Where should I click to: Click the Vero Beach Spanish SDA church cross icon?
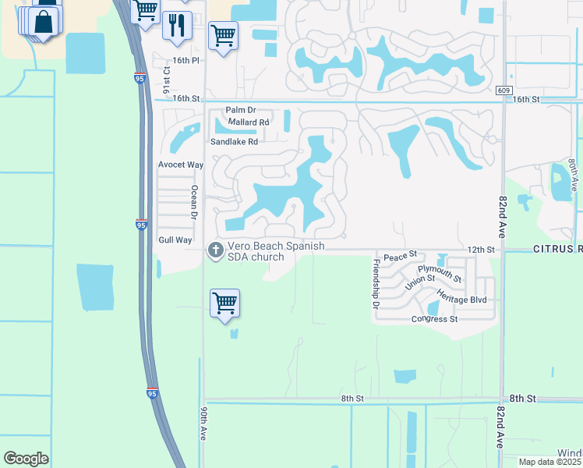click(214, 250)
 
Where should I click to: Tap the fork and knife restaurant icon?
click(177, 26)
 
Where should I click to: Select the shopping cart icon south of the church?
click(224, 303)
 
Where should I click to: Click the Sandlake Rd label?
click(234, 142)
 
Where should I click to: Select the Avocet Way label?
click(181, 165)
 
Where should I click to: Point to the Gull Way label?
click(175, 240)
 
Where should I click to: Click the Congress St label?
click(435, 319)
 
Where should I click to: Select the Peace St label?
click(401, 255)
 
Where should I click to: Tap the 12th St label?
click(481, 249)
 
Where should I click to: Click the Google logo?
click(26, 459)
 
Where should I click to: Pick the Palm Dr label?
click(241, 112)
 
